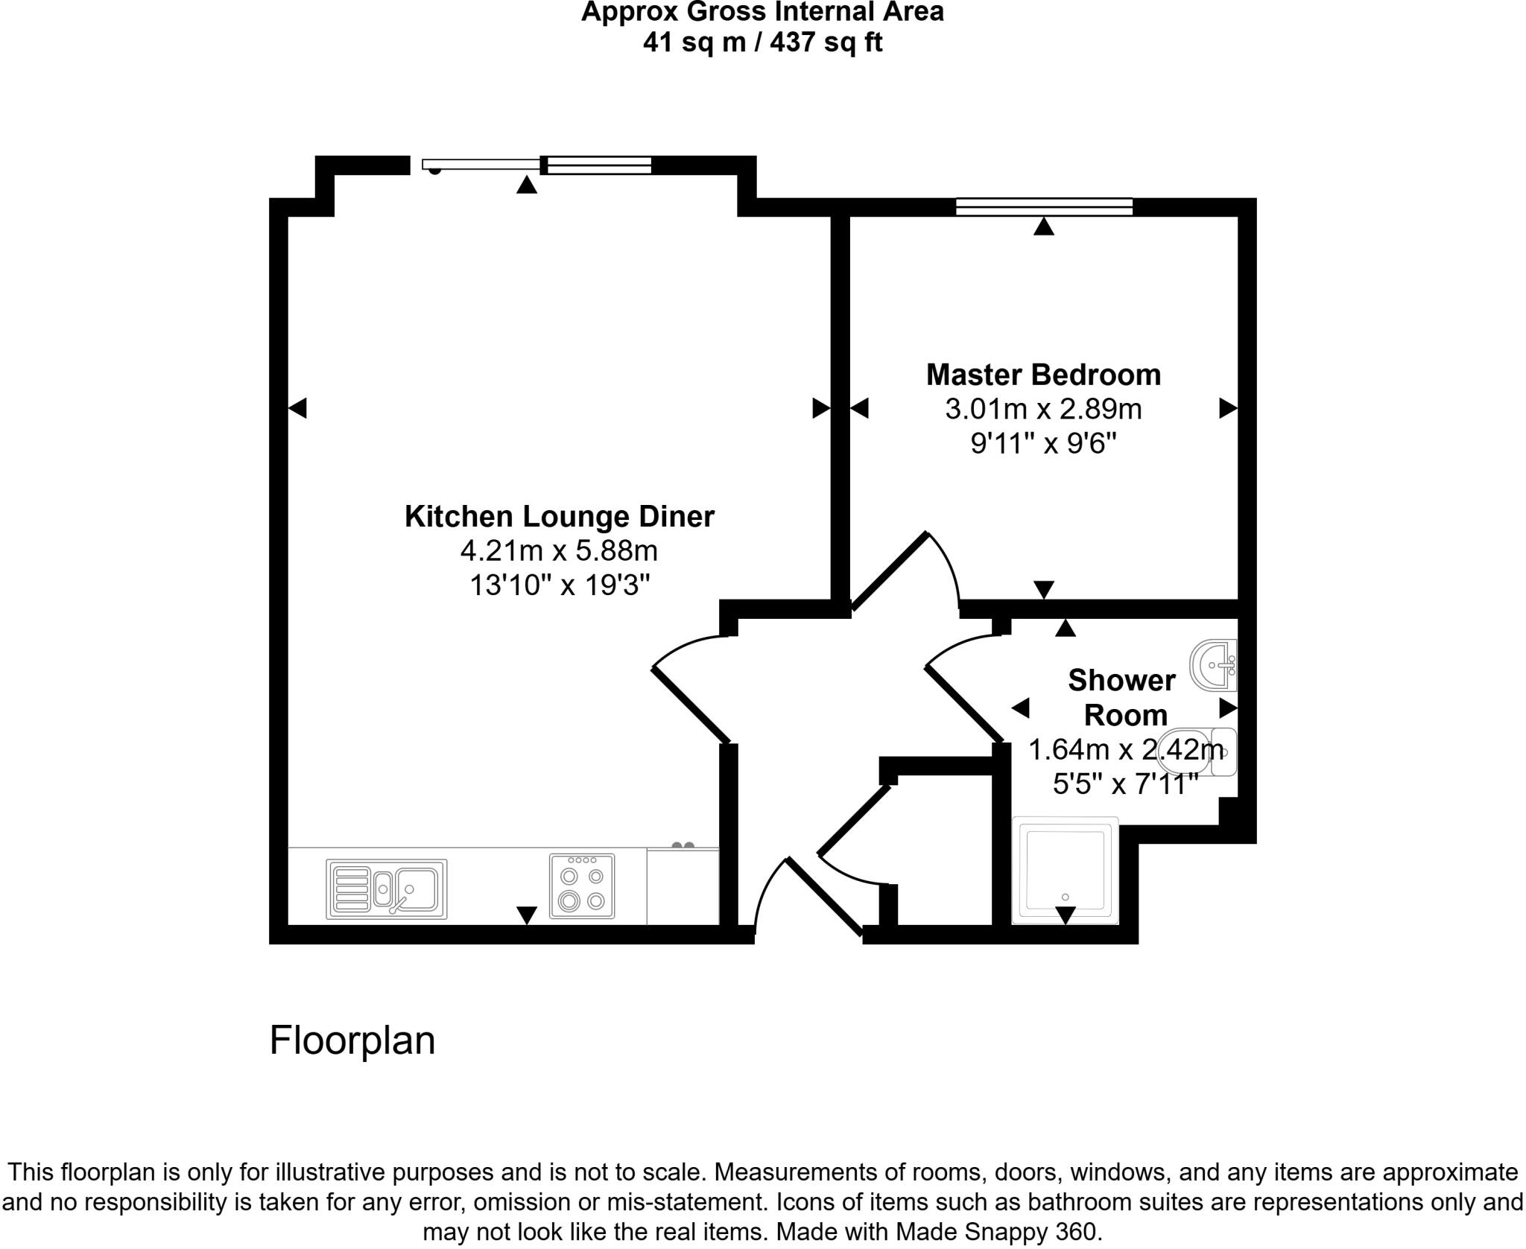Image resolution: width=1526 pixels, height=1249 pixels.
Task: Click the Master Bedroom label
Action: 1042,375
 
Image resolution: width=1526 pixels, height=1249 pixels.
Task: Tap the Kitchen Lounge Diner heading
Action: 559,516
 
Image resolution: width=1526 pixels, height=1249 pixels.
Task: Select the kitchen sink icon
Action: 386,889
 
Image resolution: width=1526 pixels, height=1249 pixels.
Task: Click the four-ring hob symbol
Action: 582,886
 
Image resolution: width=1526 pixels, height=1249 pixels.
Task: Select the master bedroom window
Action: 1043,206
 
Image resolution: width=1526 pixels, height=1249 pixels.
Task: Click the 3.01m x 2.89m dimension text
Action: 1042,409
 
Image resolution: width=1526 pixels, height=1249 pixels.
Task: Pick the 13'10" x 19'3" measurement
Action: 559,585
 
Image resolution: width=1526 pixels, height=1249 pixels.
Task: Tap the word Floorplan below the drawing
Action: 352,1040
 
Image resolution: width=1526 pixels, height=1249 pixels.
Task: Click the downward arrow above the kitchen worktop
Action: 526,915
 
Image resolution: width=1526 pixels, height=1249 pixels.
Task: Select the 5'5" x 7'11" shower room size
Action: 1124,784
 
